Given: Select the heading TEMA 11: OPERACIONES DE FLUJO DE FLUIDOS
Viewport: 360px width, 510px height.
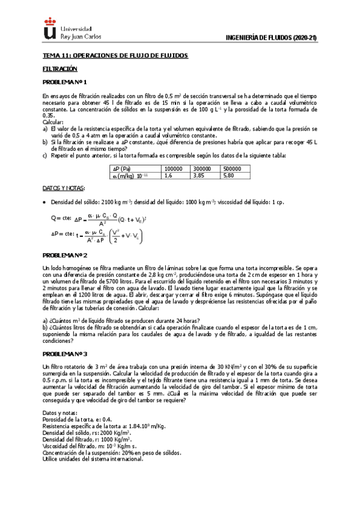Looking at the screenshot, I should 115,56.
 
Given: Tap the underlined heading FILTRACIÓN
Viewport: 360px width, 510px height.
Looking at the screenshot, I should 60,69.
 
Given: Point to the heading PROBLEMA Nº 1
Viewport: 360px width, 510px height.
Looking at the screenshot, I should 64,82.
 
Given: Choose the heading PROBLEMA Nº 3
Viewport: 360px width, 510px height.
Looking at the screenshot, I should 64,354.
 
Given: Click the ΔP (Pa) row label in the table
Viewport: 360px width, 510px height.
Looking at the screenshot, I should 139,169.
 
